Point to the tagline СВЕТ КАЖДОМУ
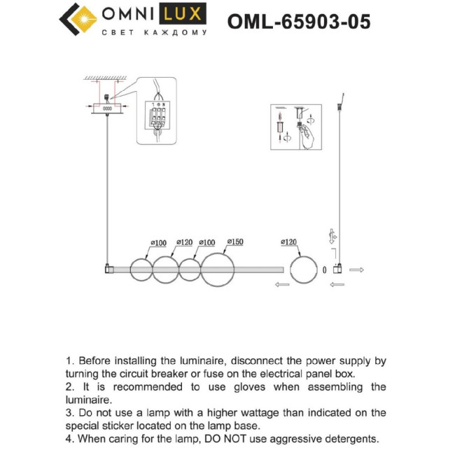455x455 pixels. (155, 33)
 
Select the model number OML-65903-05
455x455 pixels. (299, 22)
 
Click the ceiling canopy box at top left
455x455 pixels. (107, 108)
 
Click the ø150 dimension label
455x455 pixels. (234, 242)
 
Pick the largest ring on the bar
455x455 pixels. (218, 269)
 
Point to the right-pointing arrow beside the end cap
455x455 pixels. (356, 269)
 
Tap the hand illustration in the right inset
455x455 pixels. (308, 137)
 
